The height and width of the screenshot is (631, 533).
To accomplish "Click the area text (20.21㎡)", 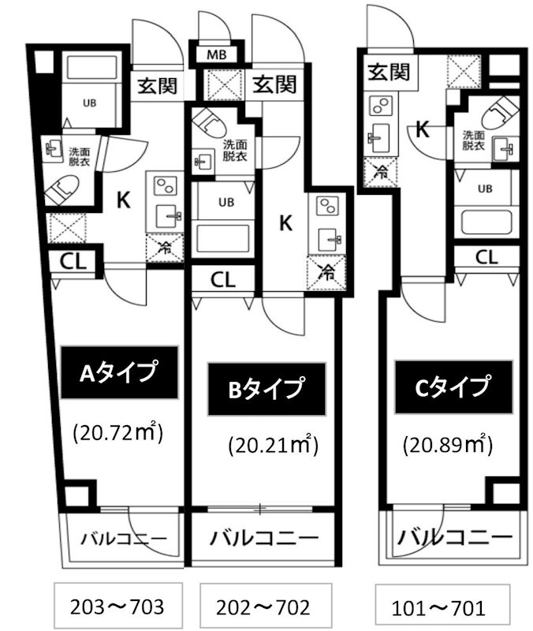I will click(x=273, y=446).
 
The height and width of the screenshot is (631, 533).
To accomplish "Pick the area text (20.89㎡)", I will click(x=448, y=444).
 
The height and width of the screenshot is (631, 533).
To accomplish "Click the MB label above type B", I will click(x=218, y=55).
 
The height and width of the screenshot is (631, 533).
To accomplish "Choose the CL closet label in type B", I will click(x=222, y=278).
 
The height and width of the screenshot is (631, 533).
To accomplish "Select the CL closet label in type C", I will click(x=486, y=256).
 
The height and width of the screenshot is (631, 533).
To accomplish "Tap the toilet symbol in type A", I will click(x=63, y=189).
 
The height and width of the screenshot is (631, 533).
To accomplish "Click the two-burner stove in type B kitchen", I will click(x=326, y=207).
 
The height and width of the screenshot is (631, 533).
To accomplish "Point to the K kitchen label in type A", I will click(x=123, y=200).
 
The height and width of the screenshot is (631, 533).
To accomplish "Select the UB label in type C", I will click(x=485, y=188).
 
